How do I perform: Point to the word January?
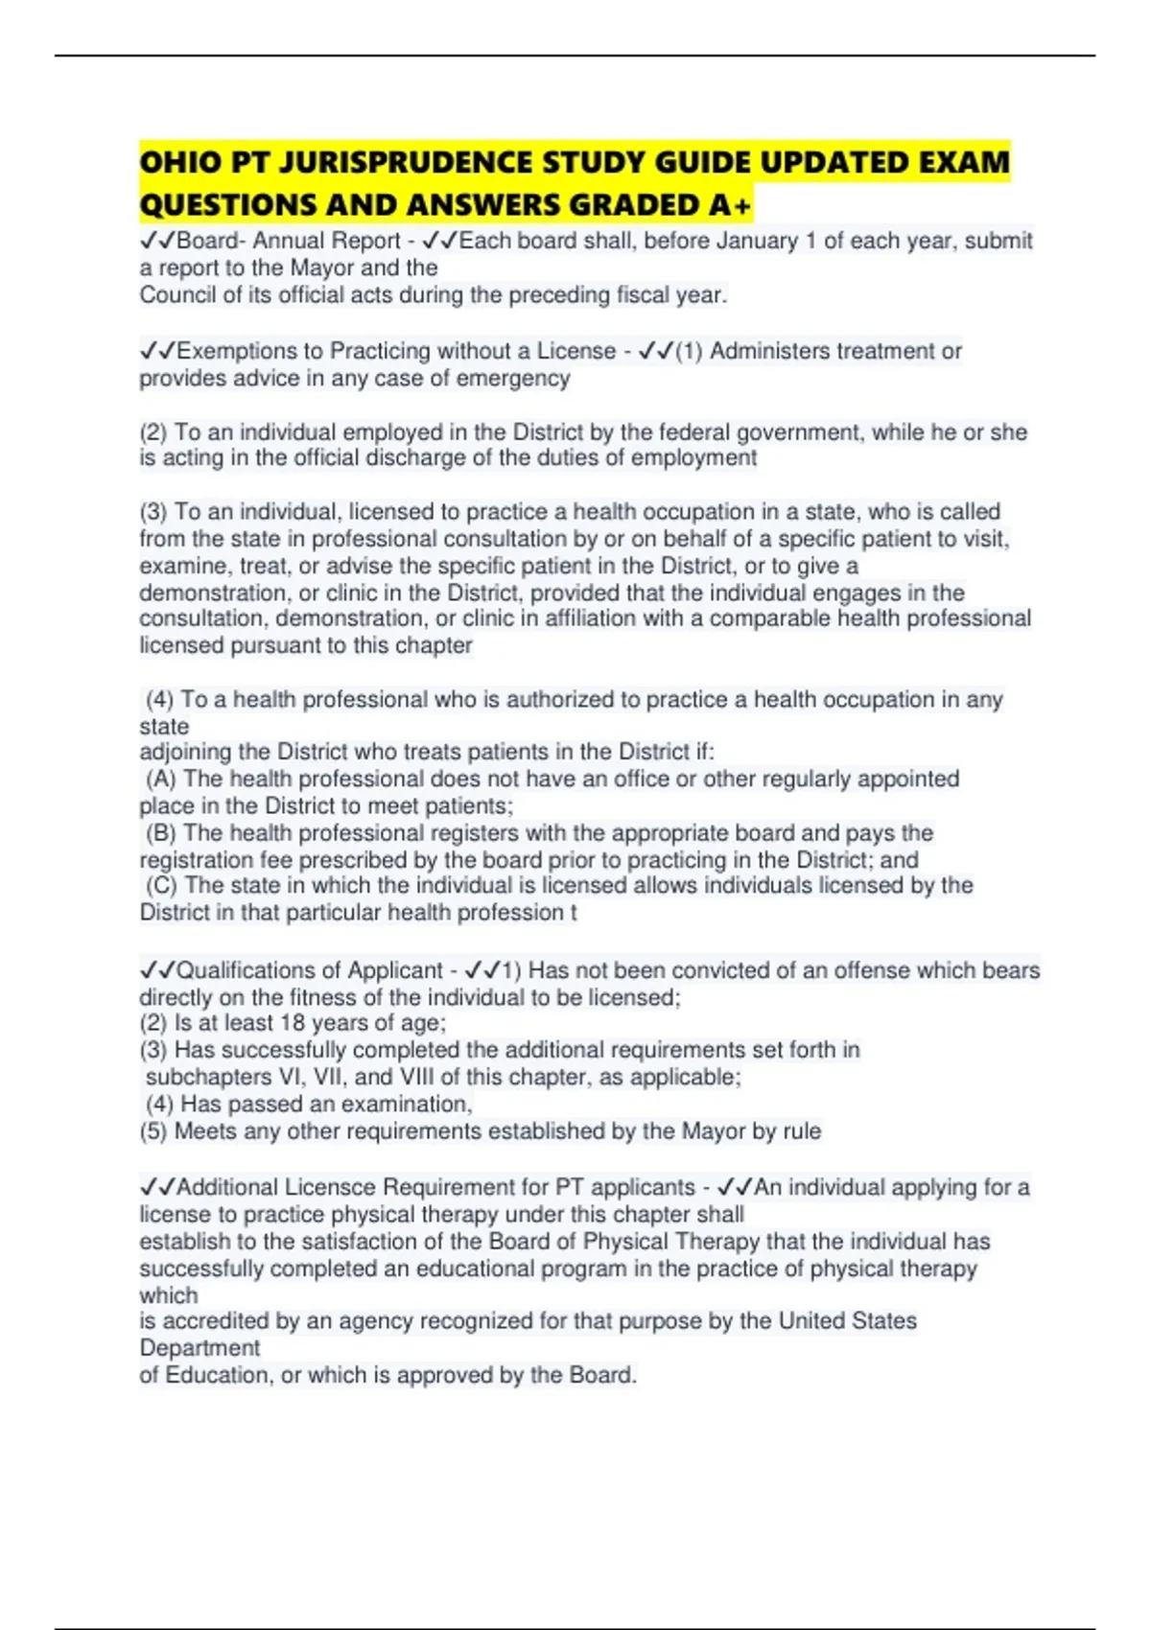(x=757, y=241)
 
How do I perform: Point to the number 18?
(x=292, y=1023)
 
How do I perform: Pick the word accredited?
(x=216, y=1321)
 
